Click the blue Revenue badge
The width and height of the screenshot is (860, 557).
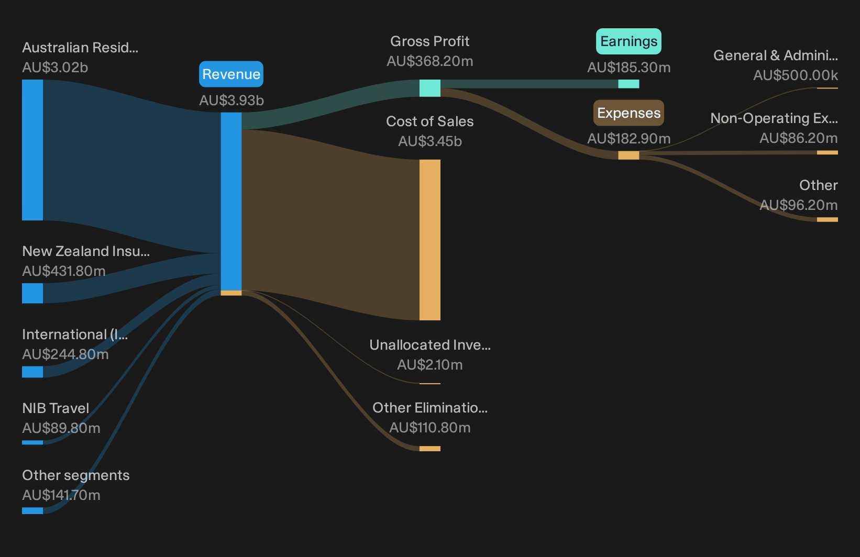(x=231, y=74)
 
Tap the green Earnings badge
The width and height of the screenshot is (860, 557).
(x=629, y=41)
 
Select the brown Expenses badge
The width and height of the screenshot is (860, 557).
(x=629, y=113)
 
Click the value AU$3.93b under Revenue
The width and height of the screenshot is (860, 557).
(x=231, y=100)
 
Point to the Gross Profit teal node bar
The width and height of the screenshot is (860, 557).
(x=429, y=88)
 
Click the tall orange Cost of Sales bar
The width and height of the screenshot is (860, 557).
(x=429, y=240)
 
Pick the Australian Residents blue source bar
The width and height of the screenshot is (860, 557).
(x=32, y=150)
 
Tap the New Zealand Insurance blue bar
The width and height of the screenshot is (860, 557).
(x=32, y=293)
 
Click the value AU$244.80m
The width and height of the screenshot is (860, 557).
(x=65, y=354)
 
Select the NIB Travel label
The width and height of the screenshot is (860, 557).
(x=56, y=408)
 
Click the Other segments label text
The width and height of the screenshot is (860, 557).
(x=75, y=475)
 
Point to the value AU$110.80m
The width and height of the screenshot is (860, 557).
(x=430, y=427)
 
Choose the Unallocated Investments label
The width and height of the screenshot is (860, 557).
(x=430, y=344)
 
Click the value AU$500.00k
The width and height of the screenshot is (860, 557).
(x=796, y=75)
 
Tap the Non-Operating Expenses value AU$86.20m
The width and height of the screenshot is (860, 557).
(x=799, y=138)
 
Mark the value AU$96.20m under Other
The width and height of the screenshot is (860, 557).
(x=799, y=205)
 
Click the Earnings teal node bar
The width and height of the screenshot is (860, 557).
(x=629, y=84)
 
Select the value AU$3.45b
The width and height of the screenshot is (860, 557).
(x=430, y=141)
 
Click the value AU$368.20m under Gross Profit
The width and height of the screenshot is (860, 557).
(x=430, y=61)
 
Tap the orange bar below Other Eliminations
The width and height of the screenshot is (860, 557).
(x=429, y=448)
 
